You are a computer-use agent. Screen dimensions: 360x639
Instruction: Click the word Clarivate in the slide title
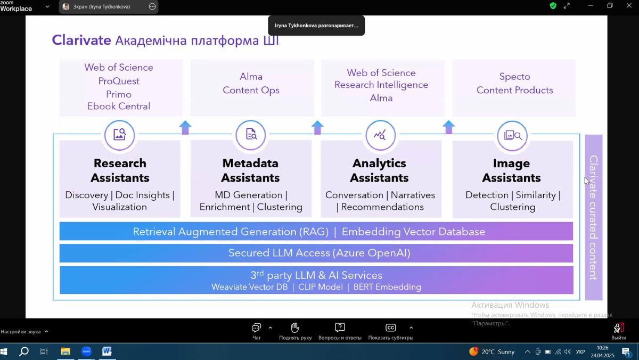click(81, 40)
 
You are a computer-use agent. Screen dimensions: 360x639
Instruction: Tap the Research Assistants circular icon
click(120, 135)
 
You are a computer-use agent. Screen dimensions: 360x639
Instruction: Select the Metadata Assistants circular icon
click(250, 135)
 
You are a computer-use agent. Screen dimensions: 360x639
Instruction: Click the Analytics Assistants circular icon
click(380, 135)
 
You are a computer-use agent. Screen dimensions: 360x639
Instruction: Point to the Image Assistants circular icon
click(512, 135)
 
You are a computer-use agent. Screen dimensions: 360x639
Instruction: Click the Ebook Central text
click(119, 106)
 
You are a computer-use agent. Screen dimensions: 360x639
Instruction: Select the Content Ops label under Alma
click(251, 90)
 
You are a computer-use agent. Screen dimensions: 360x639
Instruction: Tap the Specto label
click(514, 77)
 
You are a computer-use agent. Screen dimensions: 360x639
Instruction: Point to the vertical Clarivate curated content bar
click(593, 217)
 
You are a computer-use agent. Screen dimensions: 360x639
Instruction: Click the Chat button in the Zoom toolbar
click(257, 331)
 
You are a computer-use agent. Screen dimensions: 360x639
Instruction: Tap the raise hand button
click(295, 331)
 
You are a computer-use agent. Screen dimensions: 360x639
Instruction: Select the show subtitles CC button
click(390, 331)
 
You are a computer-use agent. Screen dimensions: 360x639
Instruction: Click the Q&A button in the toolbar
click(340, 331)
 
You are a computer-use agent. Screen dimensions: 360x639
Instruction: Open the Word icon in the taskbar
click(106, 351)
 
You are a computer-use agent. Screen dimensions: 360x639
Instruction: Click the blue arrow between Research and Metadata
click(185, 127)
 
